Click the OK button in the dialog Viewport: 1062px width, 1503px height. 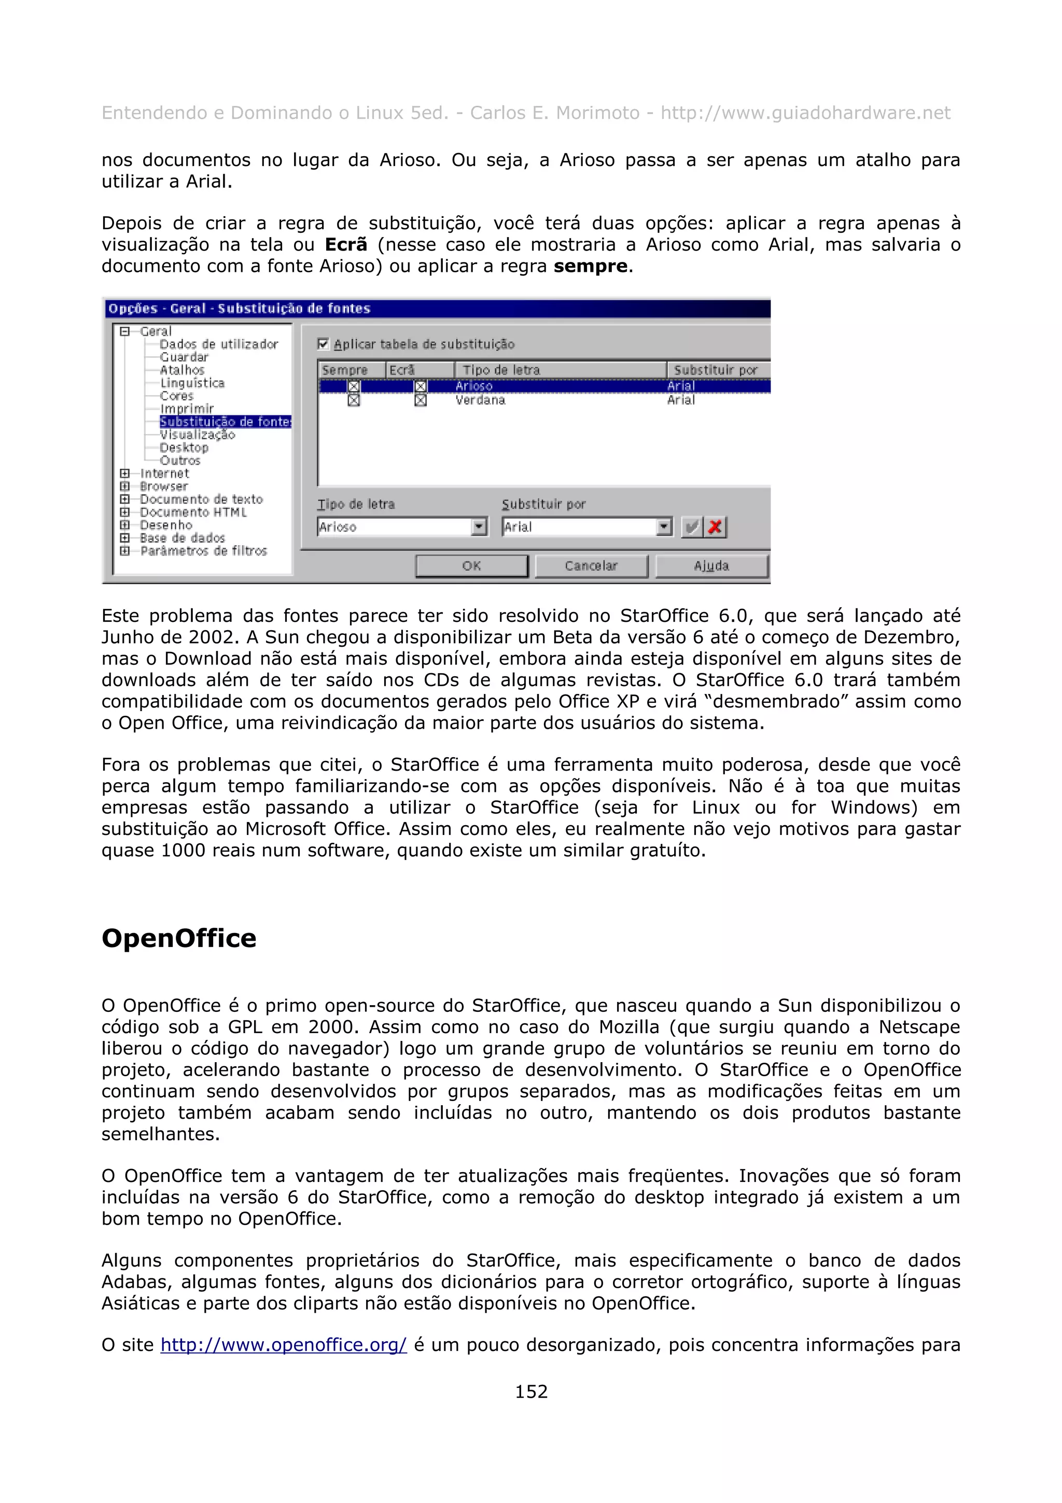[x=471, y=566]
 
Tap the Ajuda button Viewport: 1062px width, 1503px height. [x=711, y=566]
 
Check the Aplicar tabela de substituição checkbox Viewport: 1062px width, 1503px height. [x=323, y=344]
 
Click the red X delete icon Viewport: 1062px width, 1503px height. [x=715, y=526]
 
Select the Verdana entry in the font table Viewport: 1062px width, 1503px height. [x=480, y=400]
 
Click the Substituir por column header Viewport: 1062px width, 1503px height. [x=717, y=370]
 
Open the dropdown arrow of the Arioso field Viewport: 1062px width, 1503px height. [x=480, y=526]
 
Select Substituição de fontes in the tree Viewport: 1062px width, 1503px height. [x=225, y=422]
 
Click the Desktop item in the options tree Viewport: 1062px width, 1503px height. [x=184, y=448]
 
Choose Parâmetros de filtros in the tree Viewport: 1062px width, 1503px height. [x=203, y=551]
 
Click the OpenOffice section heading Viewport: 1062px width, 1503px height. [x=178, y=938]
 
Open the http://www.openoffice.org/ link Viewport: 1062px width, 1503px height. [x=283, y=1345]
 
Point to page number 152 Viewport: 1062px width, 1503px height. [x=530, y=1391]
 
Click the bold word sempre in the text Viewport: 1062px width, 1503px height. [x=590, y=267]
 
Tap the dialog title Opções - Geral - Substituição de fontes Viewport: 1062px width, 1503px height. [x=240, y=308]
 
